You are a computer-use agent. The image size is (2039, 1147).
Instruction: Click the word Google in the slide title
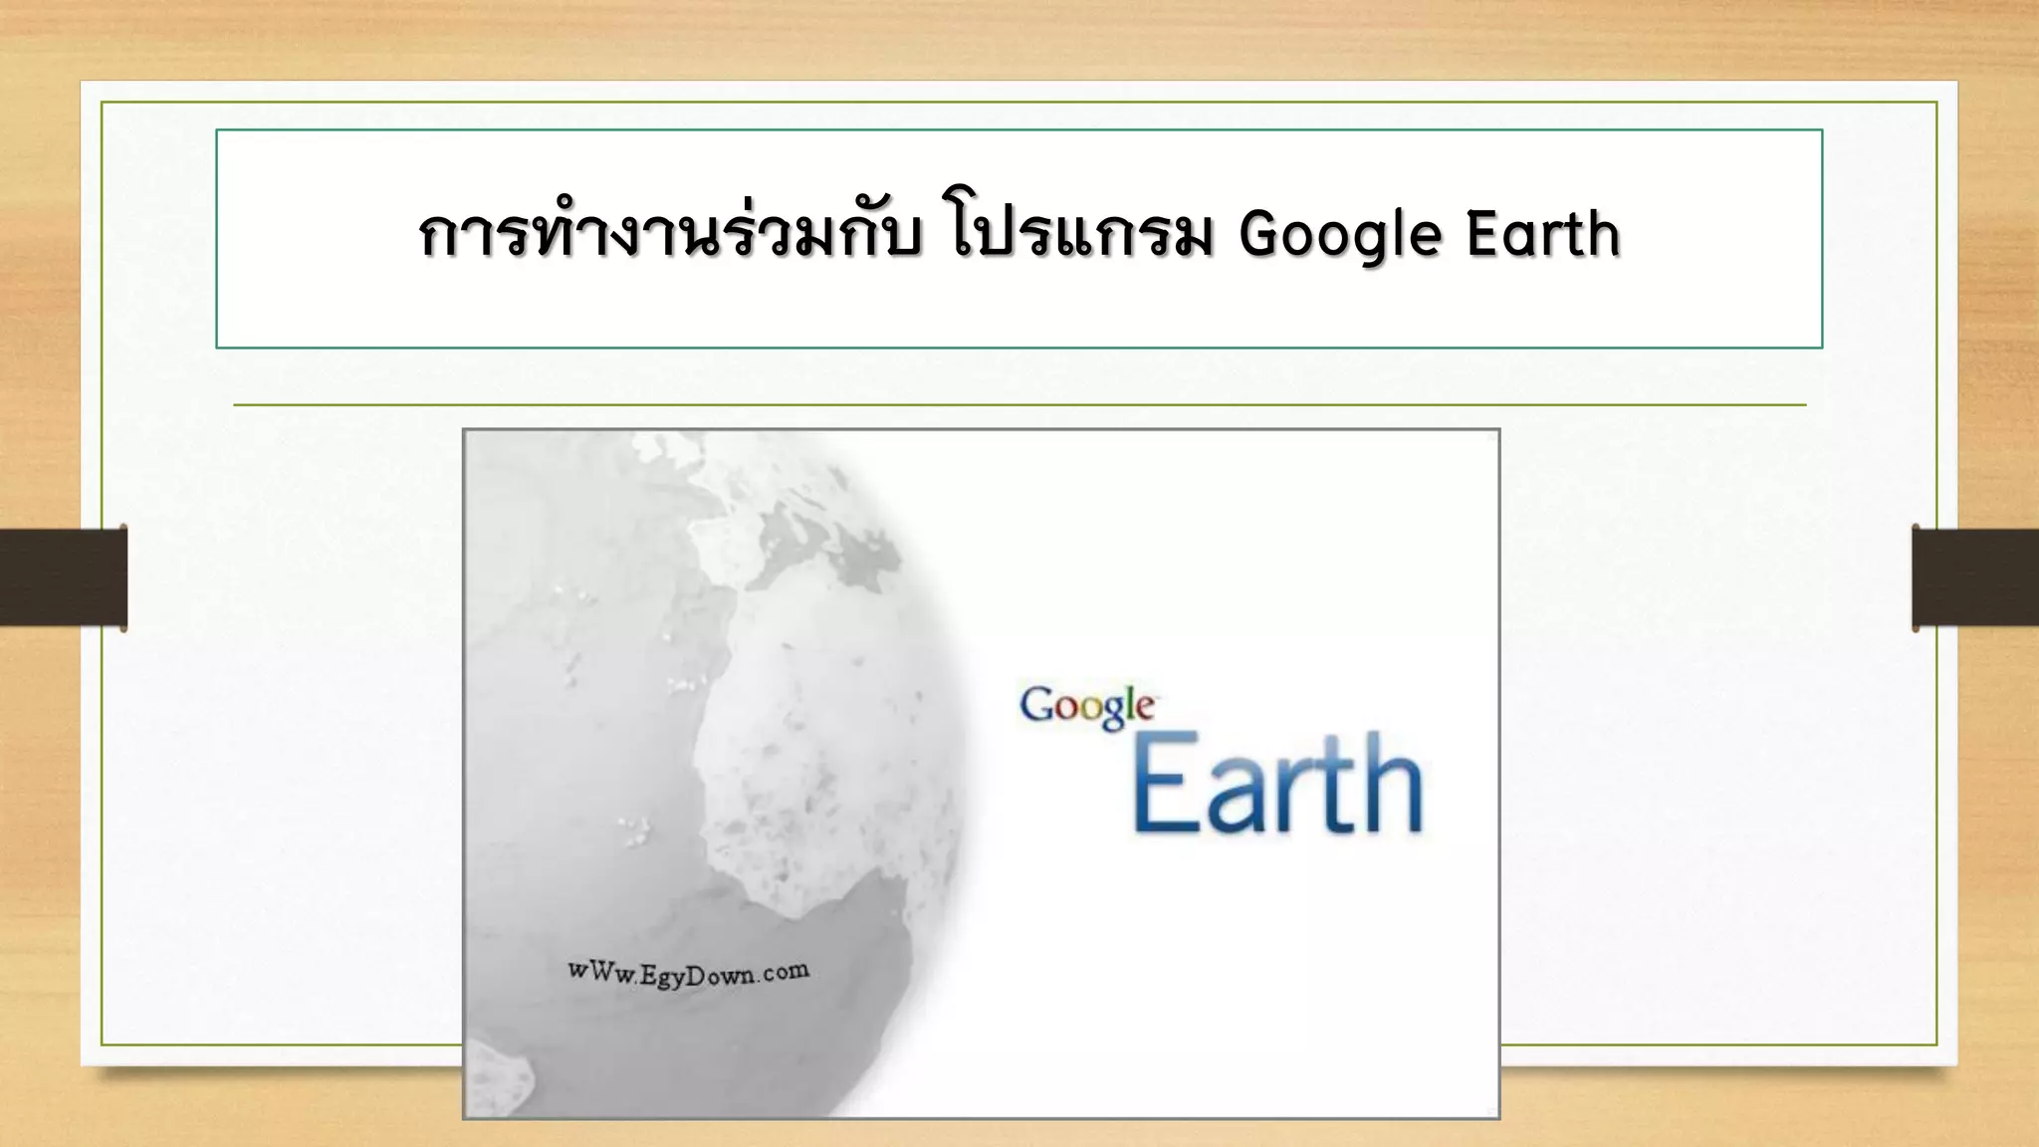1340,236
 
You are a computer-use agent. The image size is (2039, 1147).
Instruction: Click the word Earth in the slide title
1543,234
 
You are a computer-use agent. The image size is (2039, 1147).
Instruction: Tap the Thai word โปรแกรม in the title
1082,236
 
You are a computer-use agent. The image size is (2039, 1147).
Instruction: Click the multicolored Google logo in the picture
1086,707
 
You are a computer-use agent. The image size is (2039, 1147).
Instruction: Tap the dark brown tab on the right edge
1975,577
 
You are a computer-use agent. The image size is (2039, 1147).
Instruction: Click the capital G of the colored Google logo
1036,705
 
